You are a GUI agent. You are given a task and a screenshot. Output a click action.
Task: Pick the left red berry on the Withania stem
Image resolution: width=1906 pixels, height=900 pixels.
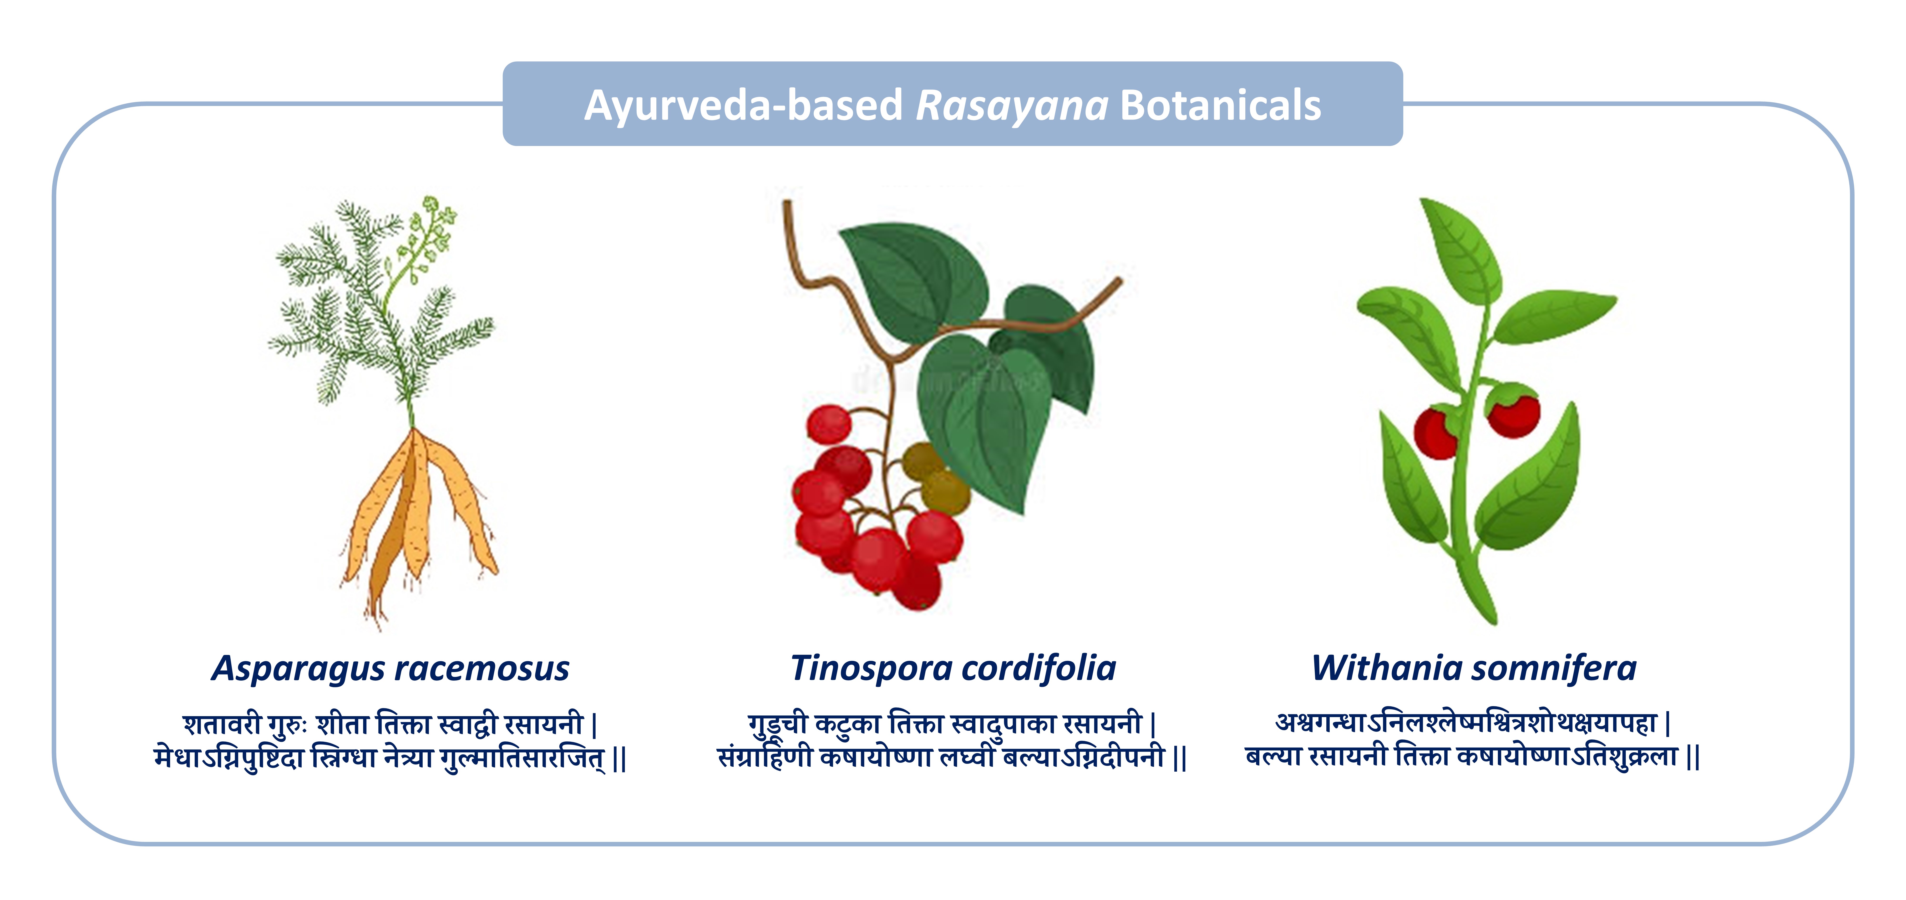coord(1436,433)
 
